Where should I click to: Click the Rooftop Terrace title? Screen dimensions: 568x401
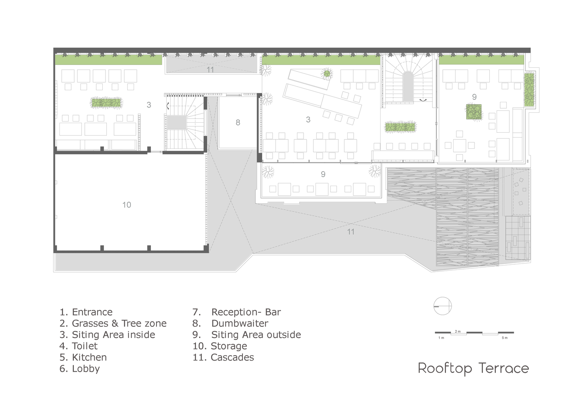[x=473, y=369]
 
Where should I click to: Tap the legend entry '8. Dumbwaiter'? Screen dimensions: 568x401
[x=230, y=324]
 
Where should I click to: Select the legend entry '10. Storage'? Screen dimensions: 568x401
[x=220, y=346]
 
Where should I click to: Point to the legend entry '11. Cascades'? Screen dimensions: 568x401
[x=223, y=357]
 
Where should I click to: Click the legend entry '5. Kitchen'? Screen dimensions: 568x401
[x=83, y=357]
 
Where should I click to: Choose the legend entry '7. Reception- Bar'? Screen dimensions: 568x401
[x=236, y=312]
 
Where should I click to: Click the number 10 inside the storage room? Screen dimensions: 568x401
[x=126, y=205]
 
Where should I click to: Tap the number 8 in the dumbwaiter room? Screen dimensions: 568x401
[x=238, y=123]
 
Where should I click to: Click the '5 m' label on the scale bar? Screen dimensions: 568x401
[x=505, y=338]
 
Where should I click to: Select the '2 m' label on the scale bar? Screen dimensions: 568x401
[x=458, y=331]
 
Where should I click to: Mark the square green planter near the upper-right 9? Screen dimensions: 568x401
[x=474, y=112]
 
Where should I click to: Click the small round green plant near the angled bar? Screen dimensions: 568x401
[x=327, y=74]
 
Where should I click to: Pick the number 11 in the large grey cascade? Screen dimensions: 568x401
[x=351, y=231]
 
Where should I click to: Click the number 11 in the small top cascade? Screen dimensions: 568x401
[x=210, y=70]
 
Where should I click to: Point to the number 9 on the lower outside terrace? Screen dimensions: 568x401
[x=323, y=174]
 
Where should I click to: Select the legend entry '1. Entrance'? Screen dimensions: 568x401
[x=86, y=312]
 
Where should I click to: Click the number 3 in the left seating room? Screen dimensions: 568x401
[x=149, y=105]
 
